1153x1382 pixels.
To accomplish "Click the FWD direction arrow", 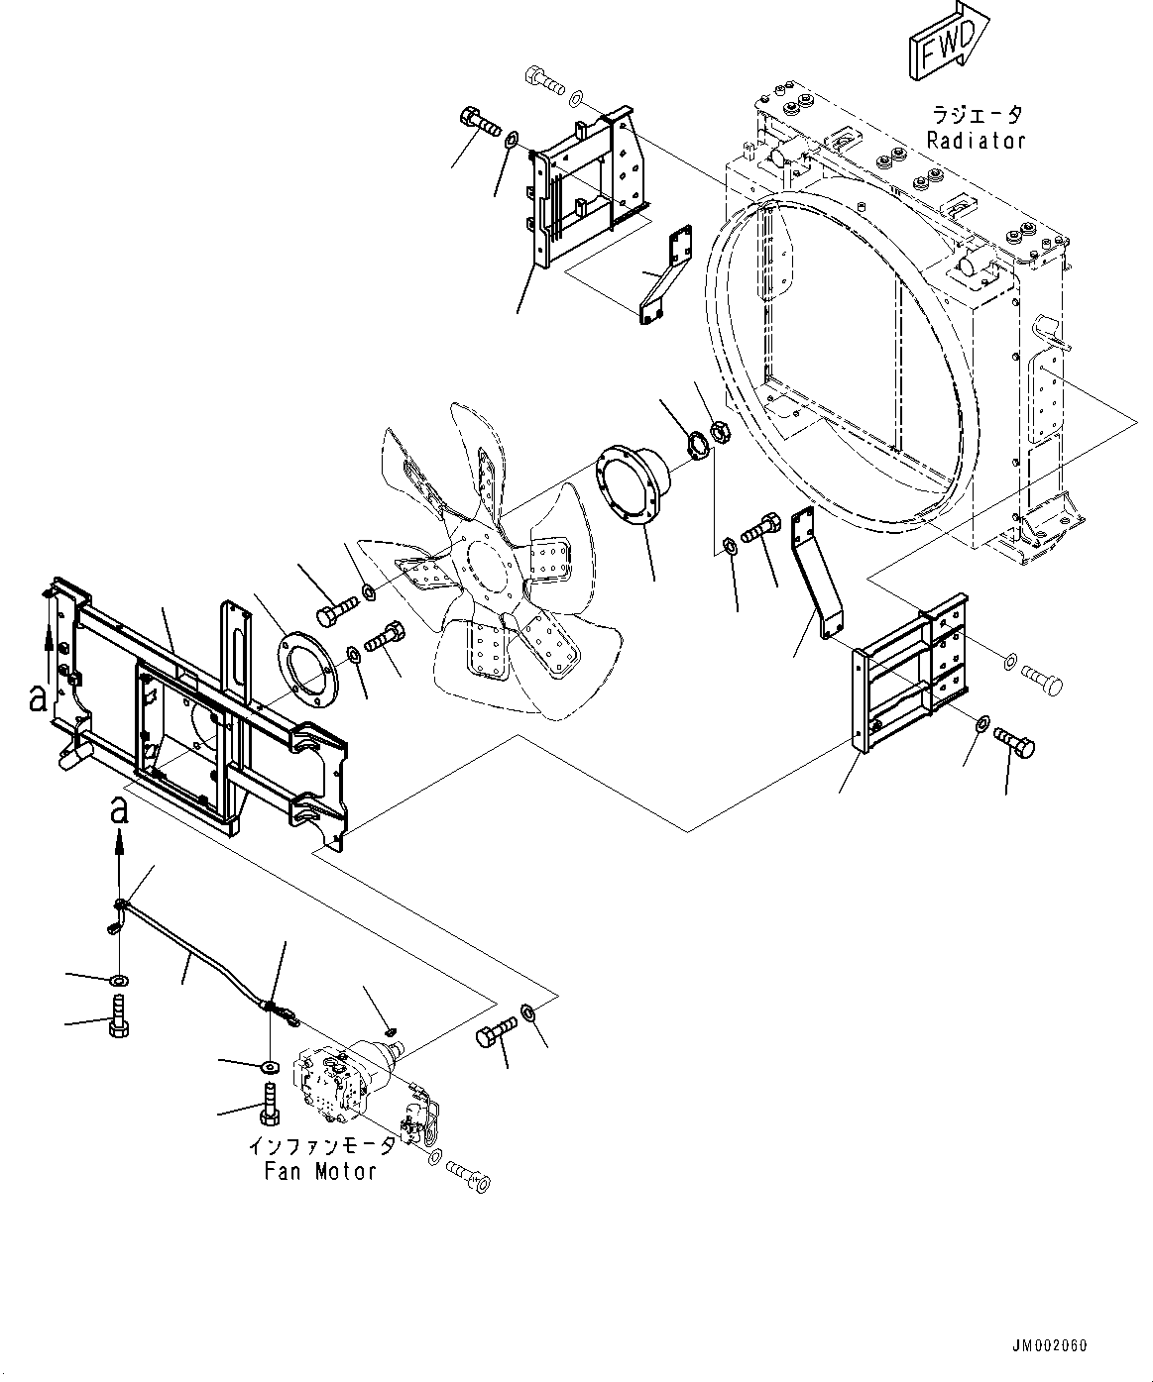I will (944, 41).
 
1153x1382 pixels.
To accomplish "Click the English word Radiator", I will (976, 141).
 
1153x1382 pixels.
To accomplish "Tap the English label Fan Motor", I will (320, 1172).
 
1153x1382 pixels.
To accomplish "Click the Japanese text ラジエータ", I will (976, 116).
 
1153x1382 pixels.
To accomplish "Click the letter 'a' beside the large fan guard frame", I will (37, 699).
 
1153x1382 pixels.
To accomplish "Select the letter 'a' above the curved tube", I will (119, 809).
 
